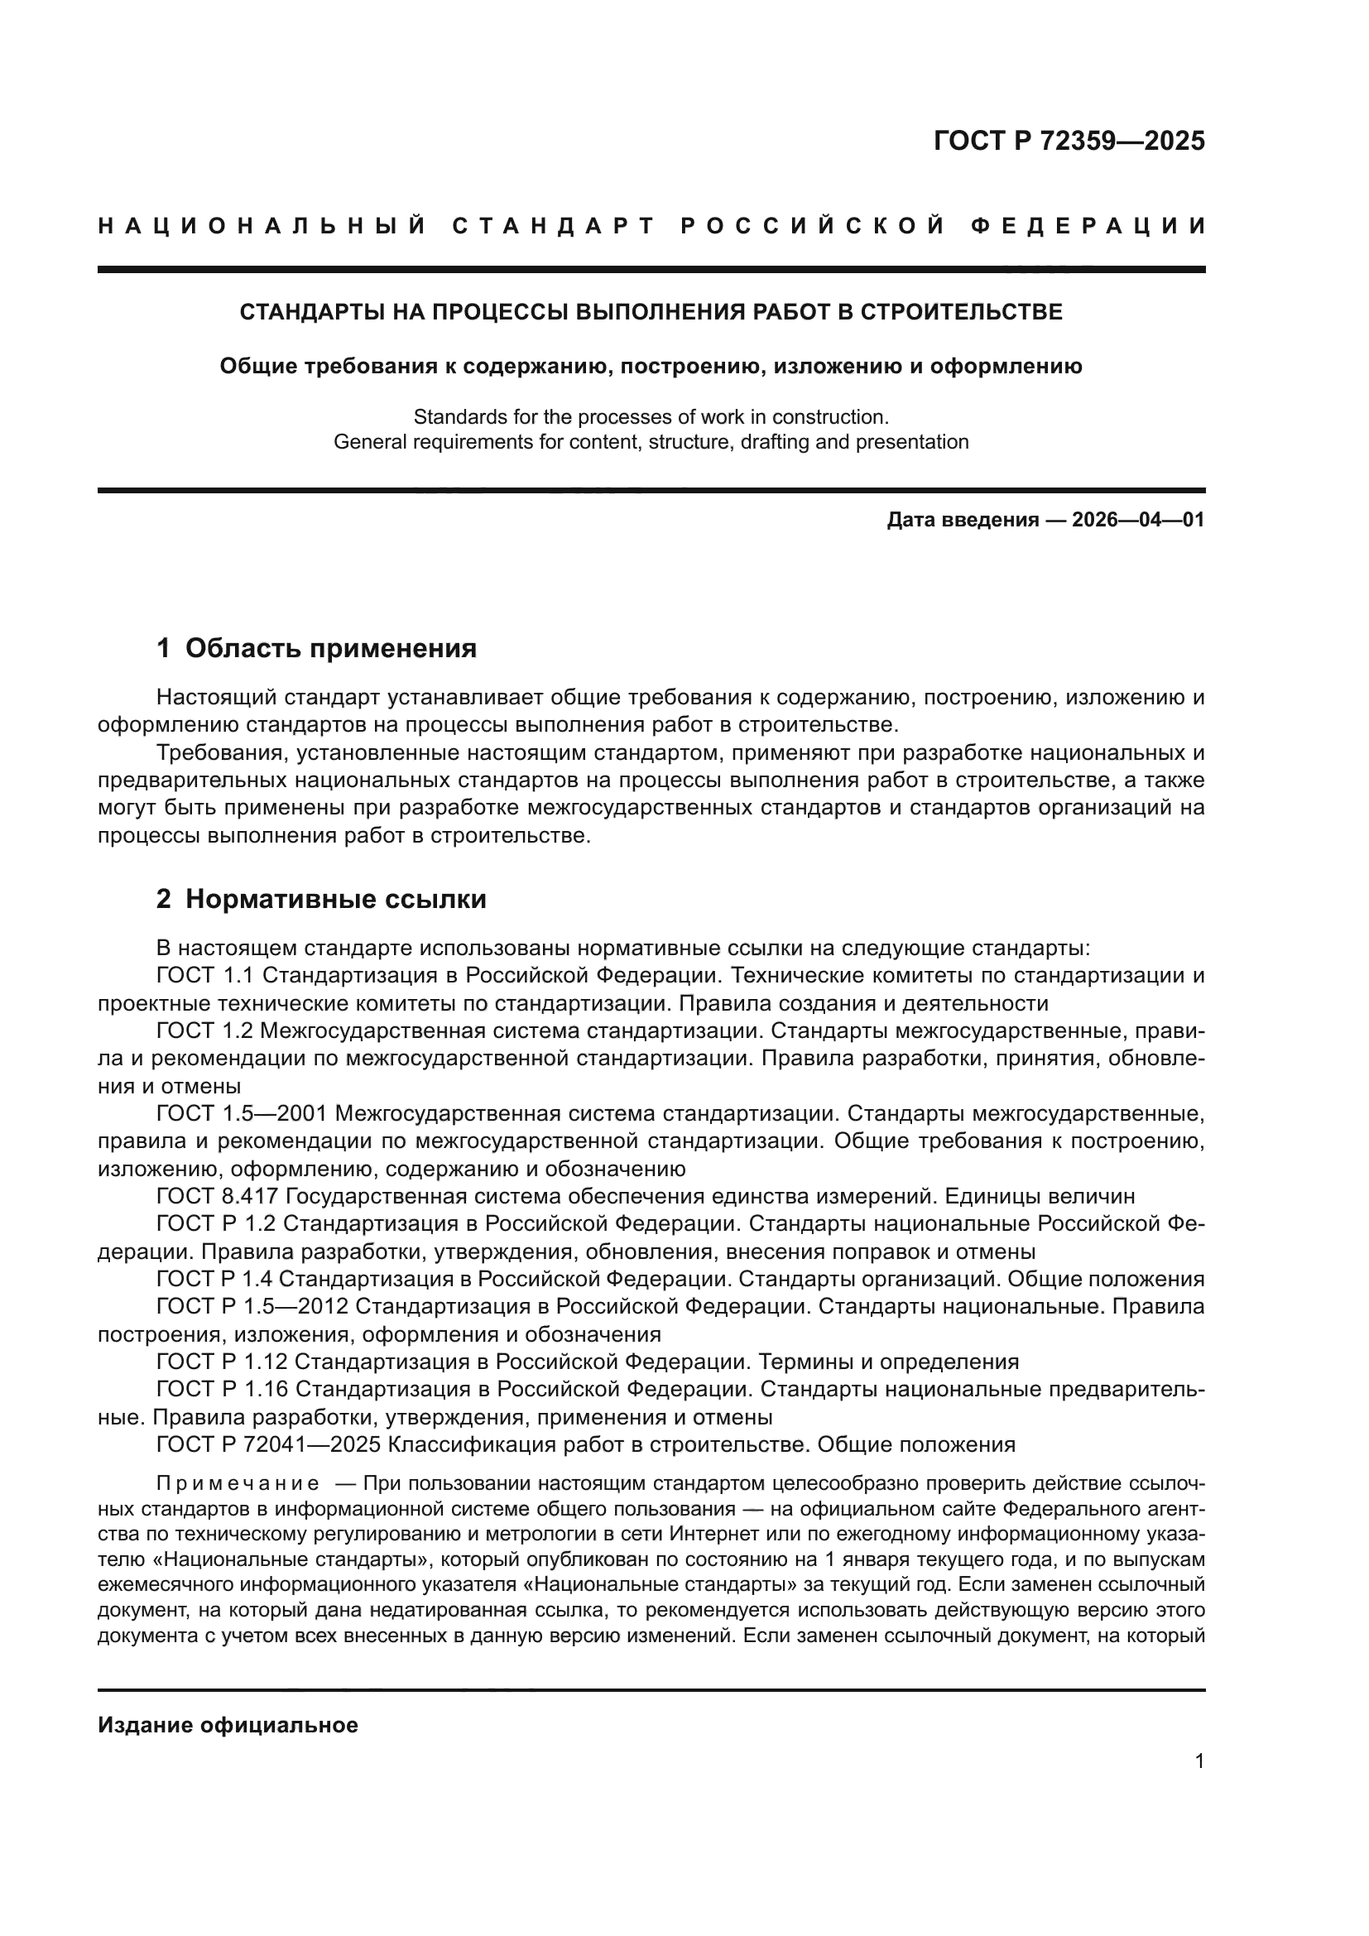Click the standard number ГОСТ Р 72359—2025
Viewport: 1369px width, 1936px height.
[x=1069, y=141]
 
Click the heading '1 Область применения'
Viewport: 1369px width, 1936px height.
[x=317, y=648]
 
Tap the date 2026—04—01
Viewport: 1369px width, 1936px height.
[x=1138, y=520]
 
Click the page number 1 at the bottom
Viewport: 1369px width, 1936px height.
[x=1198, y=1761]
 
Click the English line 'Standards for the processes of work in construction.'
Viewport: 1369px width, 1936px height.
[x=651, y=416]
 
